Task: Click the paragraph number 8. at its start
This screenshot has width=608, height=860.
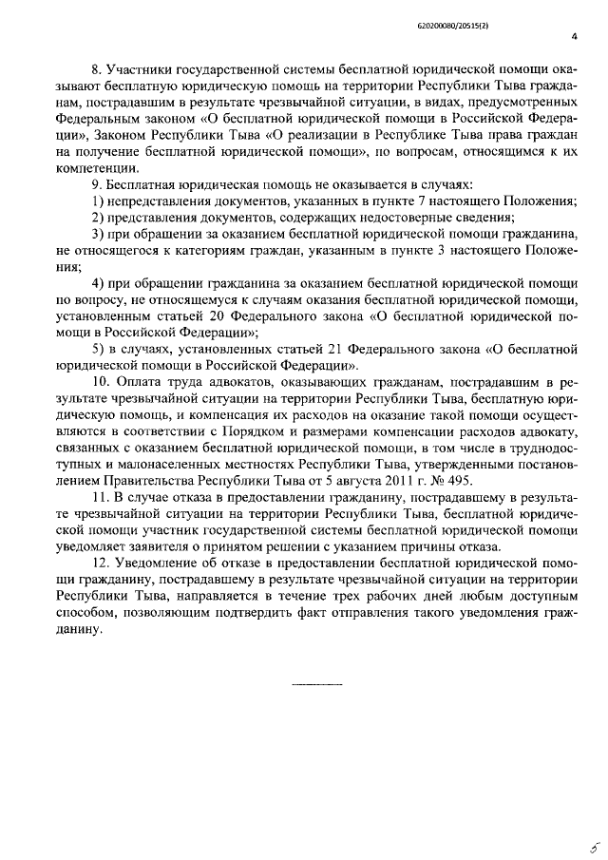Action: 95,70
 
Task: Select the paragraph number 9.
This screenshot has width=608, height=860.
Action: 95,182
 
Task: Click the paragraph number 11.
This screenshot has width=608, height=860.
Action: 99,497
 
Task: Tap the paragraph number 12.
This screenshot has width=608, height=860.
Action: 99,574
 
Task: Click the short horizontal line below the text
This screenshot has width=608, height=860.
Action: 316,684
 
